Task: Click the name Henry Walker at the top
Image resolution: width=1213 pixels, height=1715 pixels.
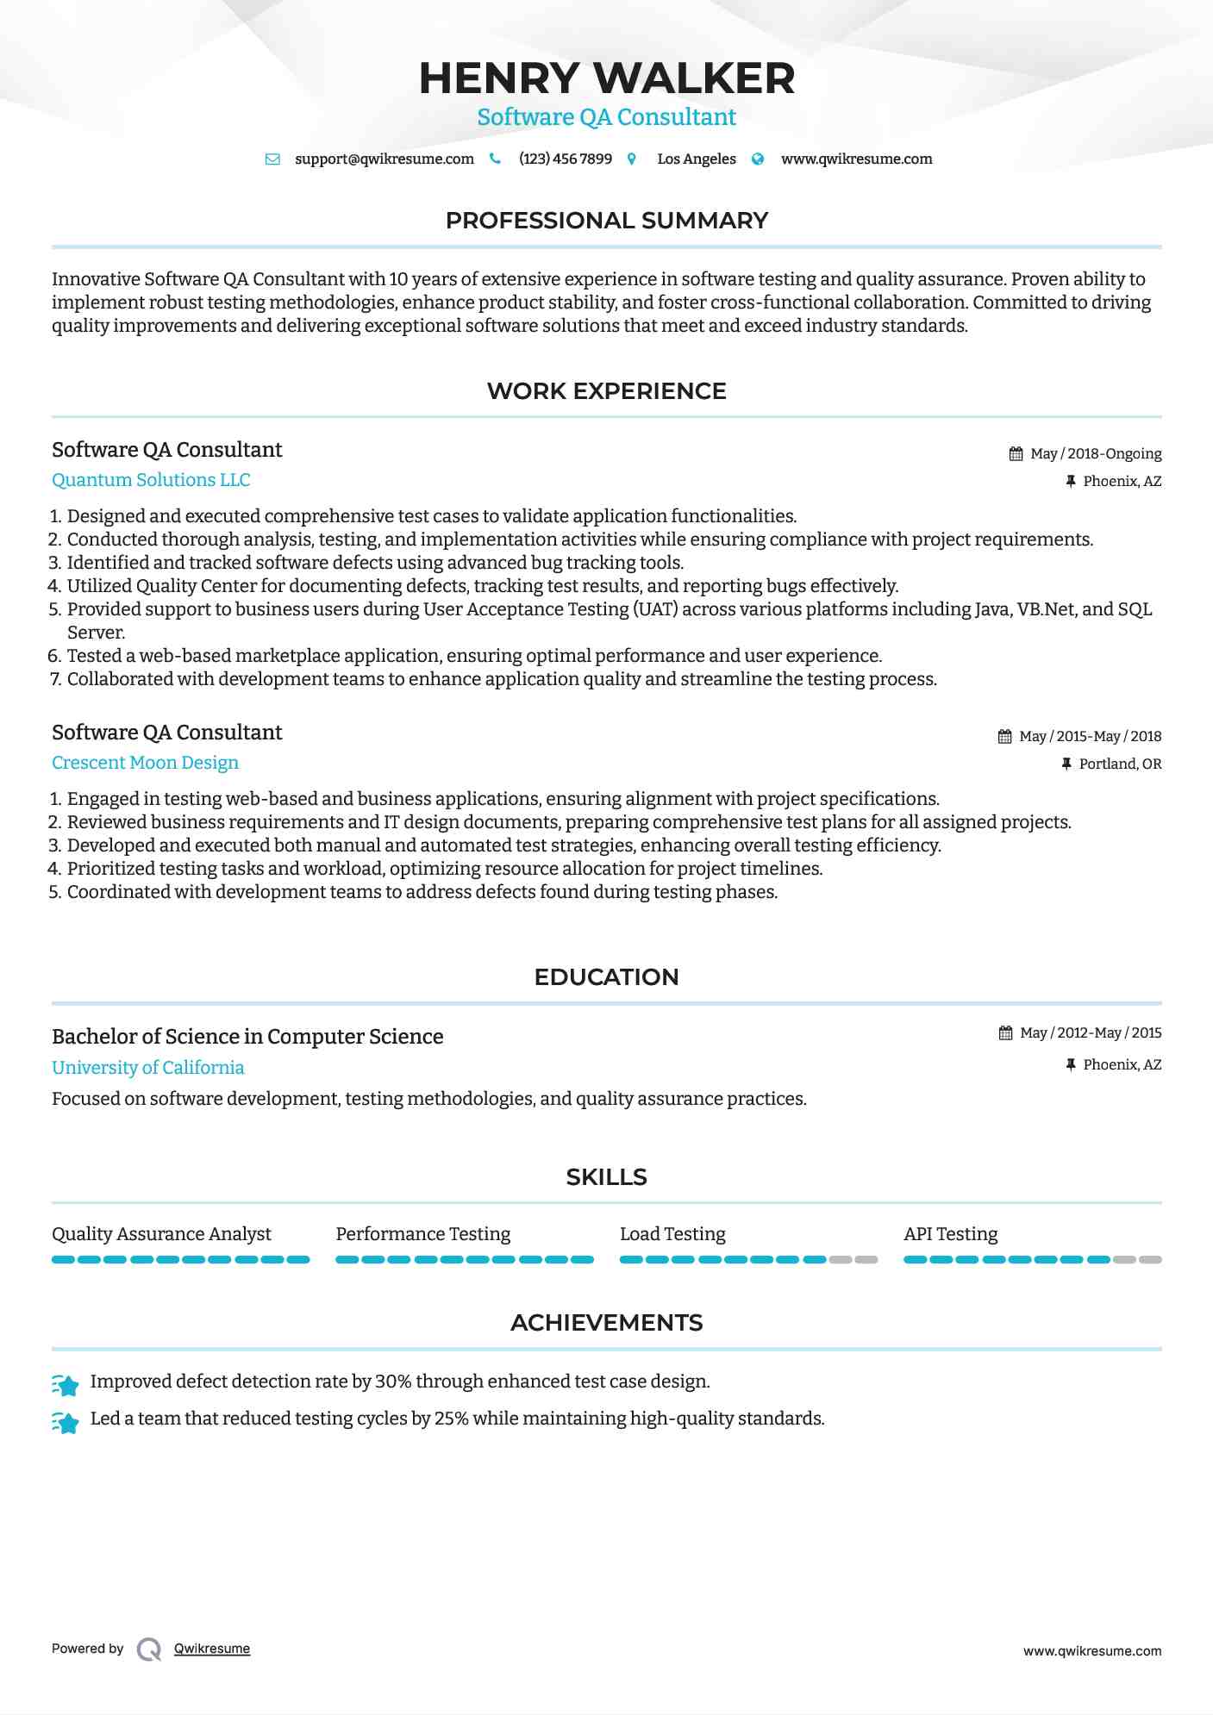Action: point(606,78)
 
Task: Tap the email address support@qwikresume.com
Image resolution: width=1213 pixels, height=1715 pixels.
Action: point(384,159)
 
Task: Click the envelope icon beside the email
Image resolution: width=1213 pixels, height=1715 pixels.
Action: point(272,159)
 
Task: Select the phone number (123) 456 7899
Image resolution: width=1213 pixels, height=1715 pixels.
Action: point(565,159)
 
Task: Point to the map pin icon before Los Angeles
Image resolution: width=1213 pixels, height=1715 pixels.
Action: point(632,159)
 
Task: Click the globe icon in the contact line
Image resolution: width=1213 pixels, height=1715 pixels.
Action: point(758,159)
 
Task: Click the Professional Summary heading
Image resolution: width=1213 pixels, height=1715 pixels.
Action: point(606,221)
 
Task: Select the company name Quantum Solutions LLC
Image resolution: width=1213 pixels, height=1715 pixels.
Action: point(151,480)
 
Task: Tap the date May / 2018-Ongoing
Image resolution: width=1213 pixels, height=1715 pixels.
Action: point(1096,453)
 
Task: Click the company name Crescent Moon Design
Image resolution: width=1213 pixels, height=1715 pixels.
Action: point(145,763)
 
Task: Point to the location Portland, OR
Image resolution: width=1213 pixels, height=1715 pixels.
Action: point(1120,764)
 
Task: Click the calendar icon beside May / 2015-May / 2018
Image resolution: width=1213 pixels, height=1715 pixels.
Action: point(1004,736)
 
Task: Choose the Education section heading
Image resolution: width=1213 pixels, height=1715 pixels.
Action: point(606,977)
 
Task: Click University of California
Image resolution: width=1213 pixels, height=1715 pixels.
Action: point(147,1068)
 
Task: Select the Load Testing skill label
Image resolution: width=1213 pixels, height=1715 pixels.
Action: point(672,1234)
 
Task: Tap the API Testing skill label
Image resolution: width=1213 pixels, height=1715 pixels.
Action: point(950,1234)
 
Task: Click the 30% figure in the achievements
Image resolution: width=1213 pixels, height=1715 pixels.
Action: point(393,1381)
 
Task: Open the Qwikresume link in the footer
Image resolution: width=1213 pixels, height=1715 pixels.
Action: point(212,1649)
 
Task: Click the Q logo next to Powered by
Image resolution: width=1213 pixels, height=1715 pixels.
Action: point(149,1649)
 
